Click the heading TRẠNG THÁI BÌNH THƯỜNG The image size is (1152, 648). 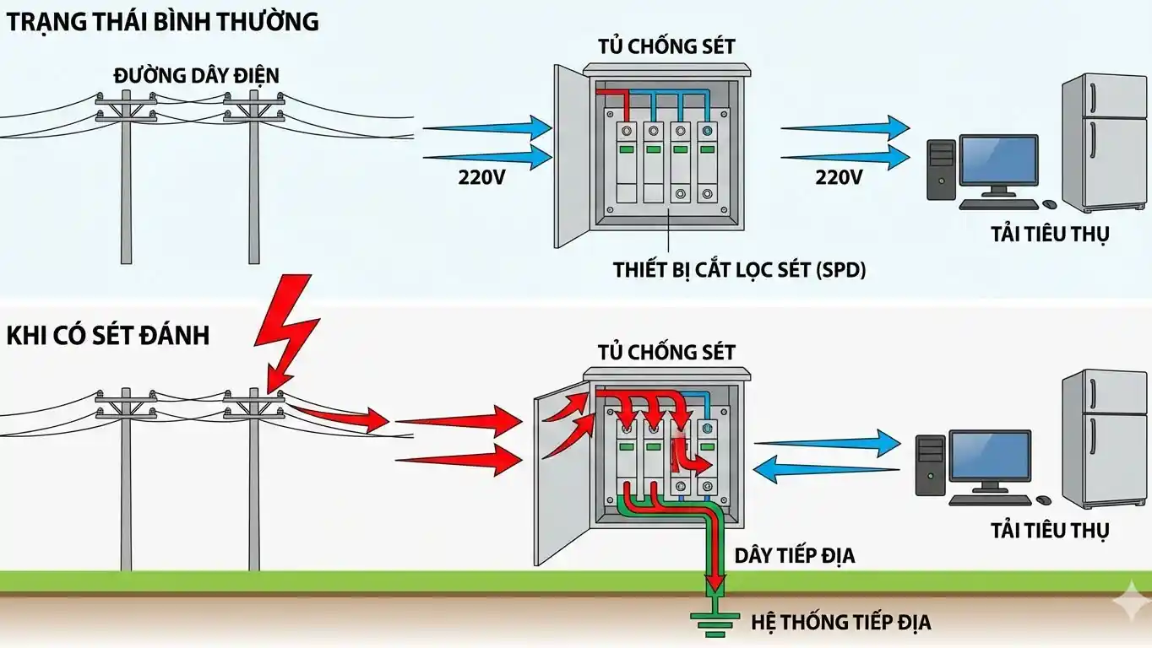coord(162,22)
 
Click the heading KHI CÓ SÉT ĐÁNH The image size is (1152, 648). coord(107,335)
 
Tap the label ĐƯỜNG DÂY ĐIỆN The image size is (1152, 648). coord(196,76)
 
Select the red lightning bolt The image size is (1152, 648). coord(287,329)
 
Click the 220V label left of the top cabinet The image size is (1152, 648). coord(482,178)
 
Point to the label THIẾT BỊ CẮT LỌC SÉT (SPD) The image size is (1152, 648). coord(740,270)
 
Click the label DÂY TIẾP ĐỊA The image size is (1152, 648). coord(795,555)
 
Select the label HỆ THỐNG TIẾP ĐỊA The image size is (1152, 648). coord(841,623)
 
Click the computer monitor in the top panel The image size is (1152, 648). coord(998,163)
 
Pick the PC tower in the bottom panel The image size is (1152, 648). coord(930,467)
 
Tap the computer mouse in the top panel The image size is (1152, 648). coord(1050,204)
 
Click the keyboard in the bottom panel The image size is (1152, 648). coord(989,499)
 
